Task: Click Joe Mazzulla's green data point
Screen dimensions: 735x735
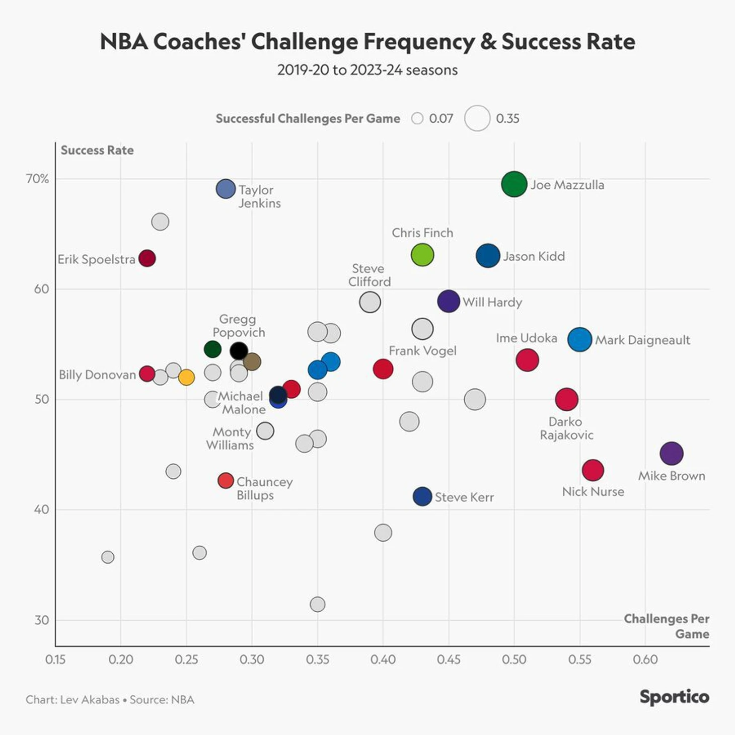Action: pyautogui.click(x=514, y=184)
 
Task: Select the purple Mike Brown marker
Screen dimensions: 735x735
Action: pyautogui.click(x=672, y=453)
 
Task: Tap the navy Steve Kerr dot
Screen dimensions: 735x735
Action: pyautogui.click(x=422, y=496)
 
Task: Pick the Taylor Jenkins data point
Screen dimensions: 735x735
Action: pyautogui.click(x=226, y=189)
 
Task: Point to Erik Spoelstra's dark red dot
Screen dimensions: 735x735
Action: pyautogui.click(x=147, y=258)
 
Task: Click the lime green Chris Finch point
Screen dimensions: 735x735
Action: pyautogui.click(x=422, y=255)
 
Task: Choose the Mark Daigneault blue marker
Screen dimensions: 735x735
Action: pyautogui.click(x=579, y=339)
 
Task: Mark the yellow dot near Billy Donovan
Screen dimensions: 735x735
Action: pyautogui.click(x=186, y=377)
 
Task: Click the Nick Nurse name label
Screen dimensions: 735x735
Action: pyautogui.click(x=593, y=491)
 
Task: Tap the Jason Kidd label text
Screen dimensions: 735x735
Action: pyautogui.click(x=534, y=256)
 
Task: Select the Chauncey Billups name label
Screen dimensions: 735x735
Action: pyautogui.click(x=264, y=488)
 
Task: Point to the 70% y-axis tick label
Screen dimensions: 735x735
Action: pyautogui.click(x=38, y=179)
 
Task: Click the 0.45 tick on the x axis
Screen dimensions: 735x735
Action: pyautogui.click(x=449, y=659)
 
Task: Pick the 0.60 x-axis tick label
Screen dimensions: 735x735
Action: pyautogui.click(x=645, y=659)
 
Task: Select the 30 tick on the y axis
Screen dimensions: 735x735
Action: pyautogui.click(x=42, y=620)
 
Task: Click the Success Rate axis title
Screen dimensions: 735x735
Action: pyautogui.click(x=97, y=150)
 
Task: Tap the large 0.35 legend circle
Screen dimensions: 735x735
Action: pyautogui.click(x=477, y=118)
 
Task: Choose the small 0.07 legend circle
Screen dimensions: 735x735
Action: pyautogui.click(x=417, y=118)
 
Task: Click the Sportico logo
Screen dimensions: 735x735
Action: pyautogui.click(x=674, y=697)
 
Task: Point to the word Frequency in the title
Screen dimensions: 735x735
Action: pyautogui.click(x=419, y=42)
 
